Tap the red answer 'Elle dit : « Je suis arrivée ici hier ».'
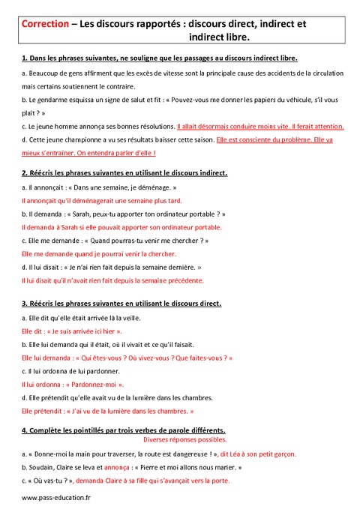pyautogui.click(x=72, y=331)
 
